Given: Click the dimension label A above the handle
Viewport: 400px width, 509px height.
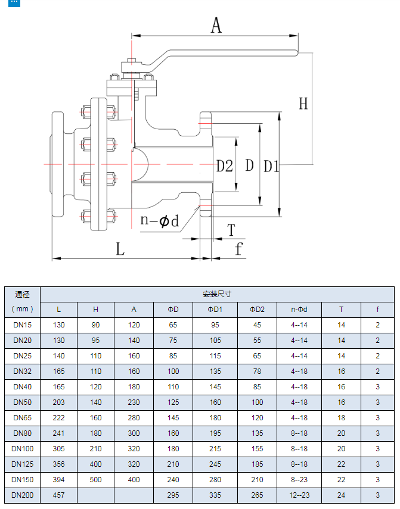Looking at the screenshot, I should point(216,25).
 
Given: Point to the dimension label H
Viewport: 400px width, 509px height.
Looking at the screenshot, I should point(303,104).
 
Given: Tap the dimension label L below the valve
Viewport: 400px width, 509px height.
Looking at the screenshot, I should point(120,249).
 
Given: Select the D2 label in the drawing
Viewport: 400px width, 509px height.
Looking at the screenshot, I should point(224,166).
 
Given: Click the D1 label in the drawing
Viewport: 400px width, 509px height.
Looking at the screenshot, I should point(271,166).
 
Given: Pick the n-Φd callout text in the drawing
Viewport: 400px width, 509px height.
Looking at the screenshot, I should point(159,220).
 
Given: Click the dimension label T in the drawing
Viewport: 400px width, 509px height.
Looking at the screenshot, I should point(231,230).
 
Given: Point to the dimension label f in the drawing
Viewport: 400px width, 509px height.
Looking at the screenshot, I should point(239,248).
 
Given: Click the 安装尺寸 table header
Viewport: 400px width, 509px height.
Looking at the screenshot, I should point(217,294).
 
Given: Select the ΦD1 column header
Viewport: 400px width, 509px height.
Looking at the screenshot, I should point(215,310).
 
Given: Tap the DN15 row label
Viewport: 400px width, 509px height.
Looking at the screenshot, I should point(23,325).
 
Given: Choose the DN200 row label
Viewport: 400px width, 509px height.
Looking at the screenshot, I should point(23,495).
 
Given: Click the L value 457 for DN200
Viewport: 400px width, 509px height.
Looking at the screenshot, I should point(58,495).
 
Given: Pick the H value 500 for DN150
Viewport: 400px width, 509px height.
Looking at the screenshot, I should point(96,480).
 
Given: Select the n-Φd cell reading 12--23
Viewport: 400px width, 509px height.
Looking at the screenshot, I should point(299,495).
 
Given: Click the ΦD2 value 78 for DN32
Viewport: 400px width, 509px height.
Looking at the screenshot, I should point(257,371).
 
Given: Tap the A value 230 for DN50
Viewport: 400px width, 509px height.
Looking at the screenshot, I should point(134,402).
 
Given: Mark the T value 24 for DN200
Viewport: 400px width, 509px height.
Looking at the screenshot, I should point(341,495).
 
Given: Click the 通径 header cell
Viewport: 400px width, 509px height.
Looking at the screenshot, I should point(23,294).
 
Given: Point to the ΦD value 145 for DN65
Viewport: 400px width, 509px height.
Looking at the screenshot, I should point(173,418).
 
